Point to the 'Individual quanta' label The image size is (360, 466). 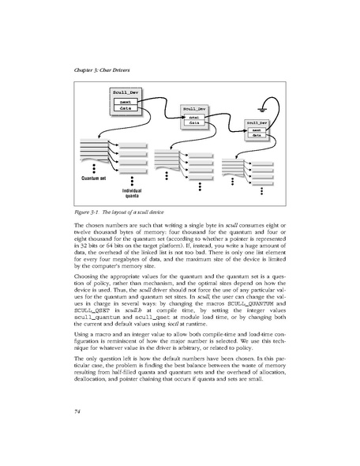(x=130, y=194)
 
